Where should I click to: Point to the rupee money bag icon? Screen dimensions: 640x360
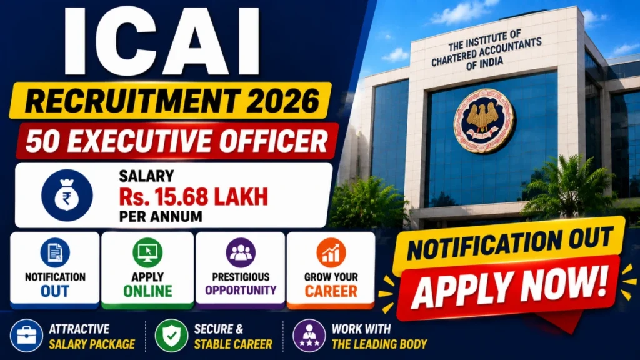pyautogui.click(x=67, y=196)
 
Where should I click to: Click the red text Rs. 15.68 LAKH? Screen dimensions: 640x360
pyautogui.click(x=194, y=197)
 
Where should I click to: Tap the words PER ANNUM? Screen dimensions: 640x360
pyautogui.click(x=161, y=216)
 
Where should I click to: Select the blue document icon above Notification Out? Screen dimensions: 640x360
pyautogui.click(x=55, y=252)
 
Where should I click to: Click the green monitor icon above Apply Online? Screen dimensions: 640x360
pyautogui.click(x=147, y=252)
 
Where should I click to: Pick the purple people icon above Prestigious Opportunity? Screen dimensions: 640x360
pyautogui.click(x=241, y=252)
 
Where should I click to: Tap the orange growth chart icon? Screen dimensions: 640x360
pyautogui.click(x=331, y=252)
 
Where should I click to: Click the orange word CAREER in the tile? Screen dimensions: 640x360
pyautogui.click(x=331, y=291)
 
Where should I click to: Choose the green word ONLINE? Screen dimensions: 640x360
pyautogui.click(x=147, y=291)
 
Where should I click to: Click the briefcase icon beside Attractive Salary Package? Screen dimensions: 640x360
pyautogui.click(x=26, y=336)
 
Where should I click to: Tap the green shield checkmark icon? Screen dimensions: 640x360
pyautogui.click(x=171, y=336)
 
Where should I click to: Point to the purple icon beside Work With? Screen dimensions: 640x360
pyautogui.click(x=309, y=336)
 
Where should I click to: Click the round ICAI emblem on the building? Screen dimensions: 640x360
pyautogui.click(x=484, y=121)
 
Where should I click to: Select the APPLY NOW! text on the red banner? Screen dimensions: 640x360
pyautogui.click(x=510, y=287)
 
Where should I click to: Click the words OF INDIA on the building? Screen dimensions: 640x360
pyautogui.click(x=485, y=63)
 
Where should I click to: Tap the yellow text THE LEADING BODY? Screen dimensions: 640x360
pyautogui.click(x=379, y=344)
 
